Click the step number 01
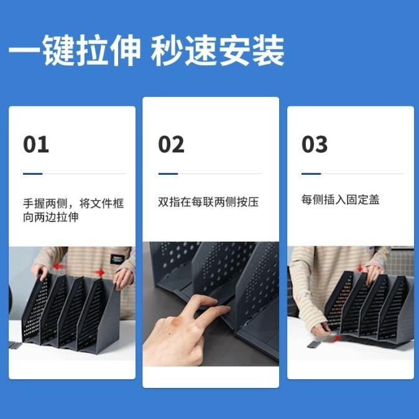pos(36,144)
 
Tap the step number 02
pos(172,144)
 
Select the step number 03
pos(315,144)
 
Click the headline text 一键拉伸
pos(74,50)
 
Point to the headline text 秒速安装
pos(217,50)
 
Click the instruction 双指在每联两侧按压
pos(208,202)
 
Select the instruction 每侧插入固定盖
pos(340,200)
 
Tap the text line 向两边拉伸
pos(51,217)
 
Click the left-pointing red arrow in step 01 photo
pos(59,266)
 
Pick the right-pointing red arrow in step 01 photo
pos(99,272)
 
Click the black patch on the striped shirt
pos(117,259)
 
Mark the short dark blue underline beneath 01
pos(32,173)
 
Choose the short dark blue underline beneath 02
pos(168,173)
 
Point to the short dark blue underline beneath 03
pos(311,173)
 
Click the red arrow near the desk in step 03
pos(336,339)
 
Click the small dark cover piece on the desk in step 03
pos(314,344)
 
